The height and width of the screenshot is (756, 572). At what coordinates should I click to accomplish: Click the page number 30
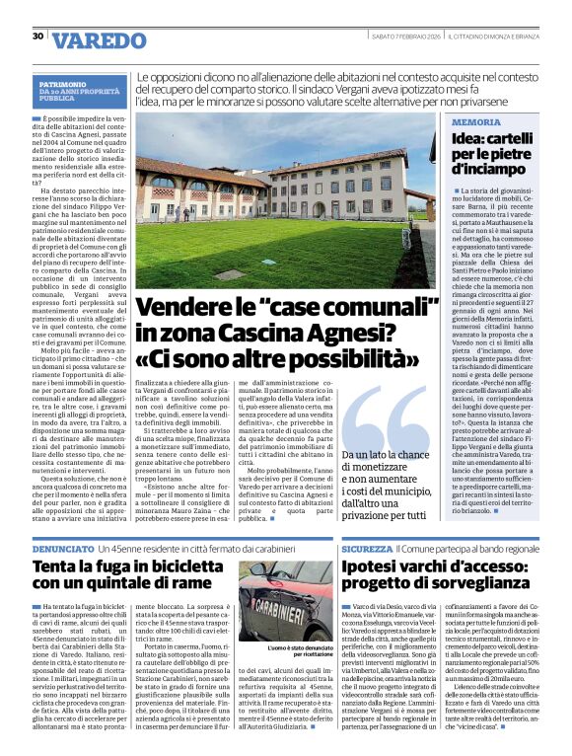pyautogui.click(x=37, y=37)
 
